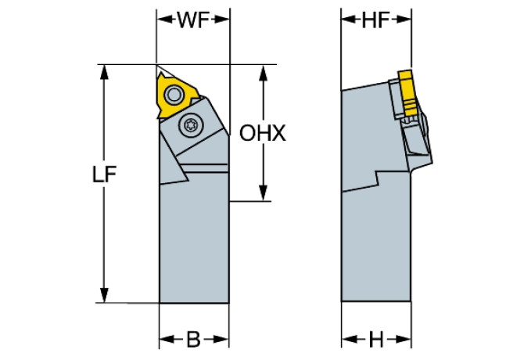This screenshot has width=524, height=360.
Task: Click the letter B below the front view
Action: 193,340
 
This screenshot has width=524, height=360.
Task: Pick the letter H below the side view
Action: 376,340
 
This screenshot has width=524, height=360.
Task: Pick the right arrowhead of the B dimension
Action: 224,340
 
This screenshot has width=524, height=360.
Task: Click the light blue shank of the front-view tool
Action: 194,243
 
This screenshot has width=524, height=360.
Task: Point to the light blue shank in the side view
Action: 375,250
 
